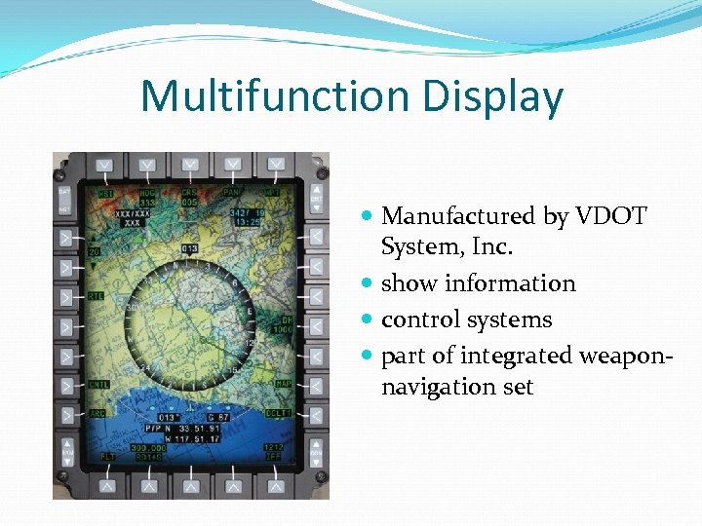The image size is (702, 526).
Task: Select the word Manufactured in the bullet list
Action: click(x=458, y=216)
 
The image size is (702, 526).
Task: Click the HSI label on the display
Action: click(x=105, y=193)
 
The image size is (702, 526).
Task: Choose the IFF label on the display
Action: click(x=274, y=456)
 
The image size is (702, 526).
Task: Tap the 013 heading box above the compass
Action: click(x=189, y=248)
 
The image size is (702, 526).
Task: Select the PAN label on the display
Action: click(x=232, y=193)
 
